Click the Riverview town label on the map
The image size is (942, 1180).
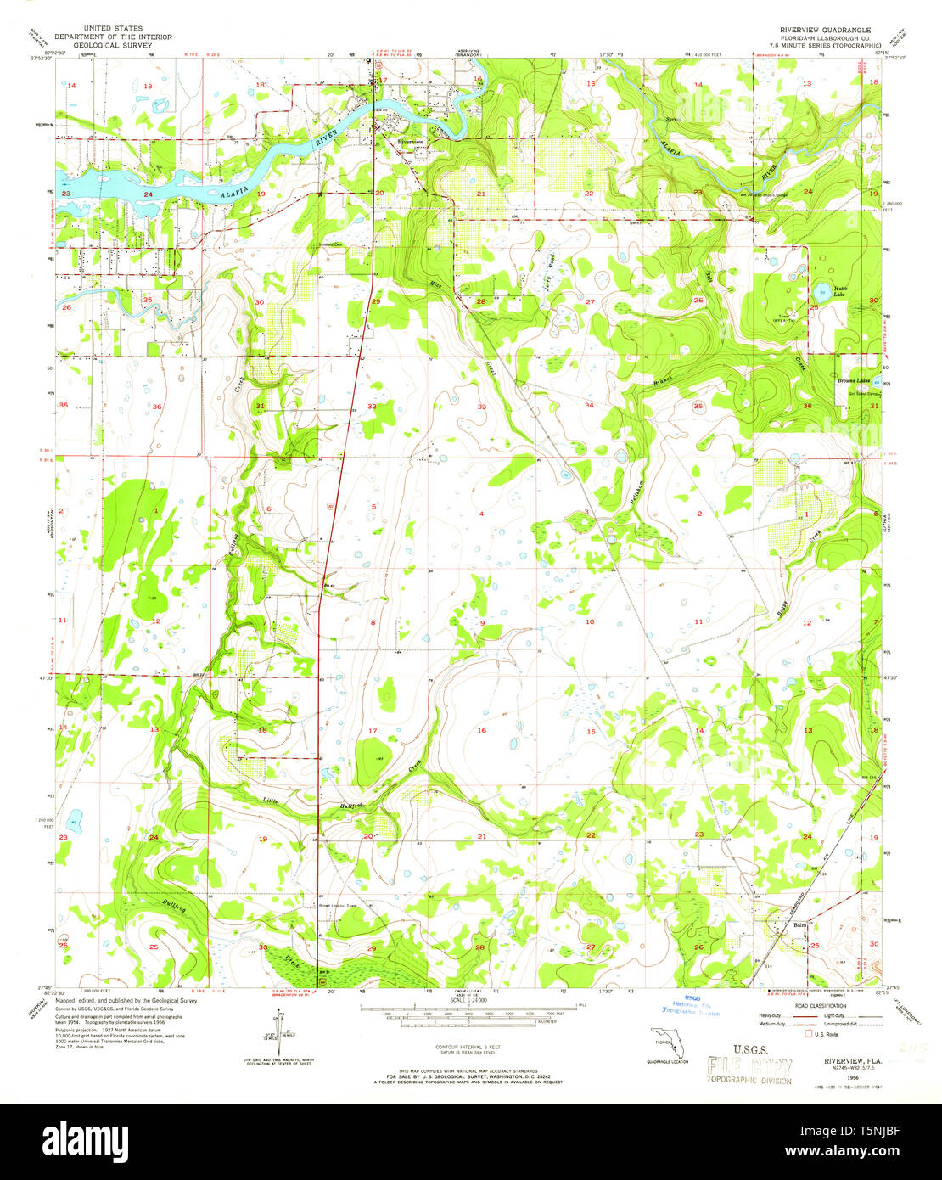410,141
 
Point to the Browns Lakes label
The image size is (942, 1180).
853,381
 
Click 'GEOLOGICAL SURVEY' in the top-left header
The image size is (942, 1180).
113,46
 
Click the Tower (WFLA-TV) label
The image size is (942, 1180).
787,319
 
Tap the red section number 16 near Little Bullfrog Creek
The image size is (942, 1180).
481,730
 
